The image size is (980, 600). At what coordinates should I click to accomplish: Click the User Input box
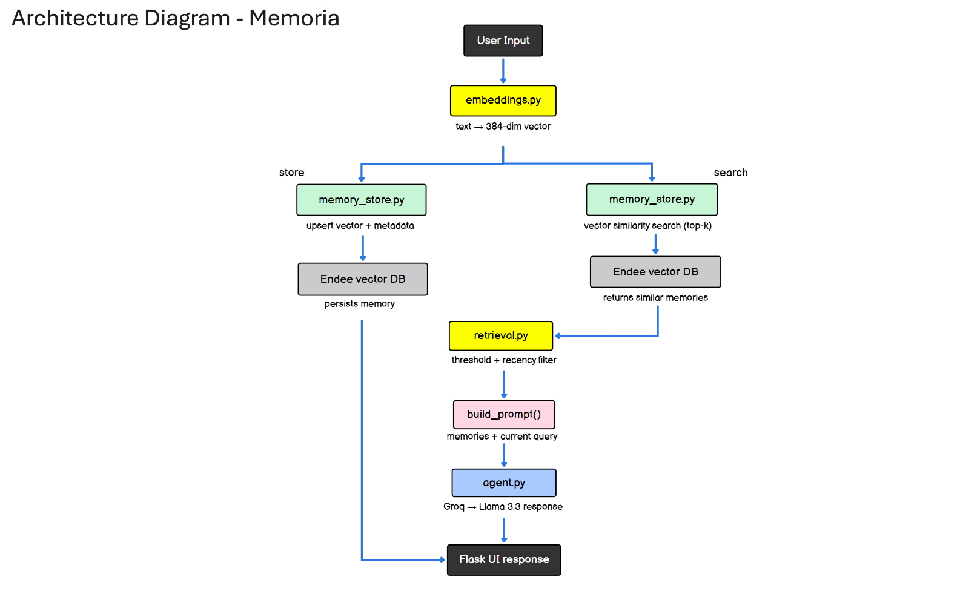503,41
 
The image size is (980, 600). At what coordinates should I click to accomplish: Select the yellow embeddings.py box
503,101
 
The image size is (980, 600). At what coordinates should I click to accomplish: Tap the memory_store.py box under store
361,200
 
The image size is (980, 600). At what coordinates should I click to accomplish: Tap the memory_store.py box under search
652,199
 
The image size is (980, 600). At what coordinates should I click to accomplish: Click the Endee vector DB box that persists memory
363,279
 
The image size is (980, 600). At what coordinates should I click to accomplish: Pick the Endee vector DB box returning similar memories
655,272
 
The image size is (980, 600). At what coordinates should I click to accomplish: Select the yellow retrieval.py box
501,335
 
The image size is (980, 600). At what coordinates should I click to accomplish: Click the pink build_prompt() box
504,414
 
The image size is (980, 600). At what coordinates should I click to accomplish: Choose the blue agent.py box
504,483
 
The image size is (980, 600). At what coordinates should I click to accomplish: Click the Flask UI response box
504,559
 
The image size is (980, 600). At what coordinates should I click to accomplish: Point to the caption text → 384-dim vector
503,127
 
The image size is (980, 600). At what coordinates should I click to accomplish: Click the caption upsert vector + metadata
360,226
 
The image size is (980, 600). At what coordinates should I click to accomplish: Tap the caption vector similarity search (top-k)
647,226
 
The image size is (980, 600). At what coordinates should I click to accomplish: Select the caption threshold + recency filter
504,360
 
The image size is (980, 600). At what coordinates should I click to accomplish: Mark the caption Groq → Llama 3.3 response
503,507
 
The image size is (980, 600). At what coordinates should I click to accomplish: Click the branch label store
291,173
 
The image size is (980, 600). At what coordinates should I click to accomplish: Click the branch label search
730,173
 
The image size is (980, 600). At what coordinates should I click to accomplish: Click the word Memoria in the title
294,18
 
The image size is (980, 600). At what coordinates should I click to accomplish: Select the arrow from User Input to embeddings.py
503,70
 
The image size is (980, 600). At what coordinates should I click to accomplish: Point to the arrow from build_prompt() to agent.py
504,454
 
